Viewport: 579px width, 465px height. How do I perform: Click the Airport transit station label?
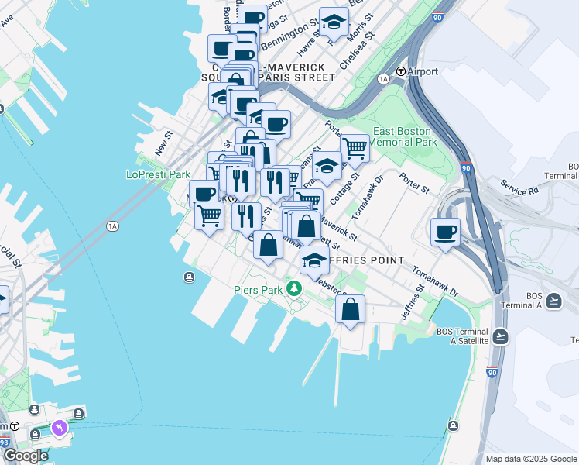(x=422, y=72)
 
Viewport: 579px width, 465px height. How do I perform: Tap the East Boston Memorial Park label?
(x=405, y=136)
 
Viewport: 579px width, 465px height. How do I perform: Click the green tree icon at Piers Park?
(x=293, y=289)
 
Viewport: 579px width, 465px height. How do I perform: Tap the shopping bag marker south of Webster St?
(x=350, y=309)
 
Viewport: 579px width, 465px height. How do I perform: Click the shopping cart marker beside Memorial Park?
(x=355, y=147)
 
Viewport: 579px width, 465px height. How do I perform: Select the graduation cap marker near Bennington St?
(x=334, y=23)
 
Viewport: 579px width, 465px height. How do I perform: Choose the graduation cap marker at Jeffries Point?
(x=313, y=260)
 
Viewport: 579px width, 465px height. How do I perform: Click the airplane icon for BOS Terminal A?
(x=554, y=300)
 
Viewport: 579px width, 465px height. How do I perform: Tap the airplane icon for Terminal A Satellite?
(x=500, y=336)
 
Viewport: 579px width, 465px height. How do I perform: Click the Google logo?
(x=26, y=456)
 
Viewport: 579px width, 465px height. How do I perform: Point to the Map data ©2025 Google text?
(x=530, y=459)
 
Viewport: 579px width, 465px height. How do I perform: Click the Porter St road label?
(x=414, y=185)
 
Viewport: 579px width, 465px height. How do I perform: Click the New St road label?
(x=161, y=142)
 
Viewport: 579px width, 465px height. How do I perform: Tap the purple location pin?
(x=60, y=428)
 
